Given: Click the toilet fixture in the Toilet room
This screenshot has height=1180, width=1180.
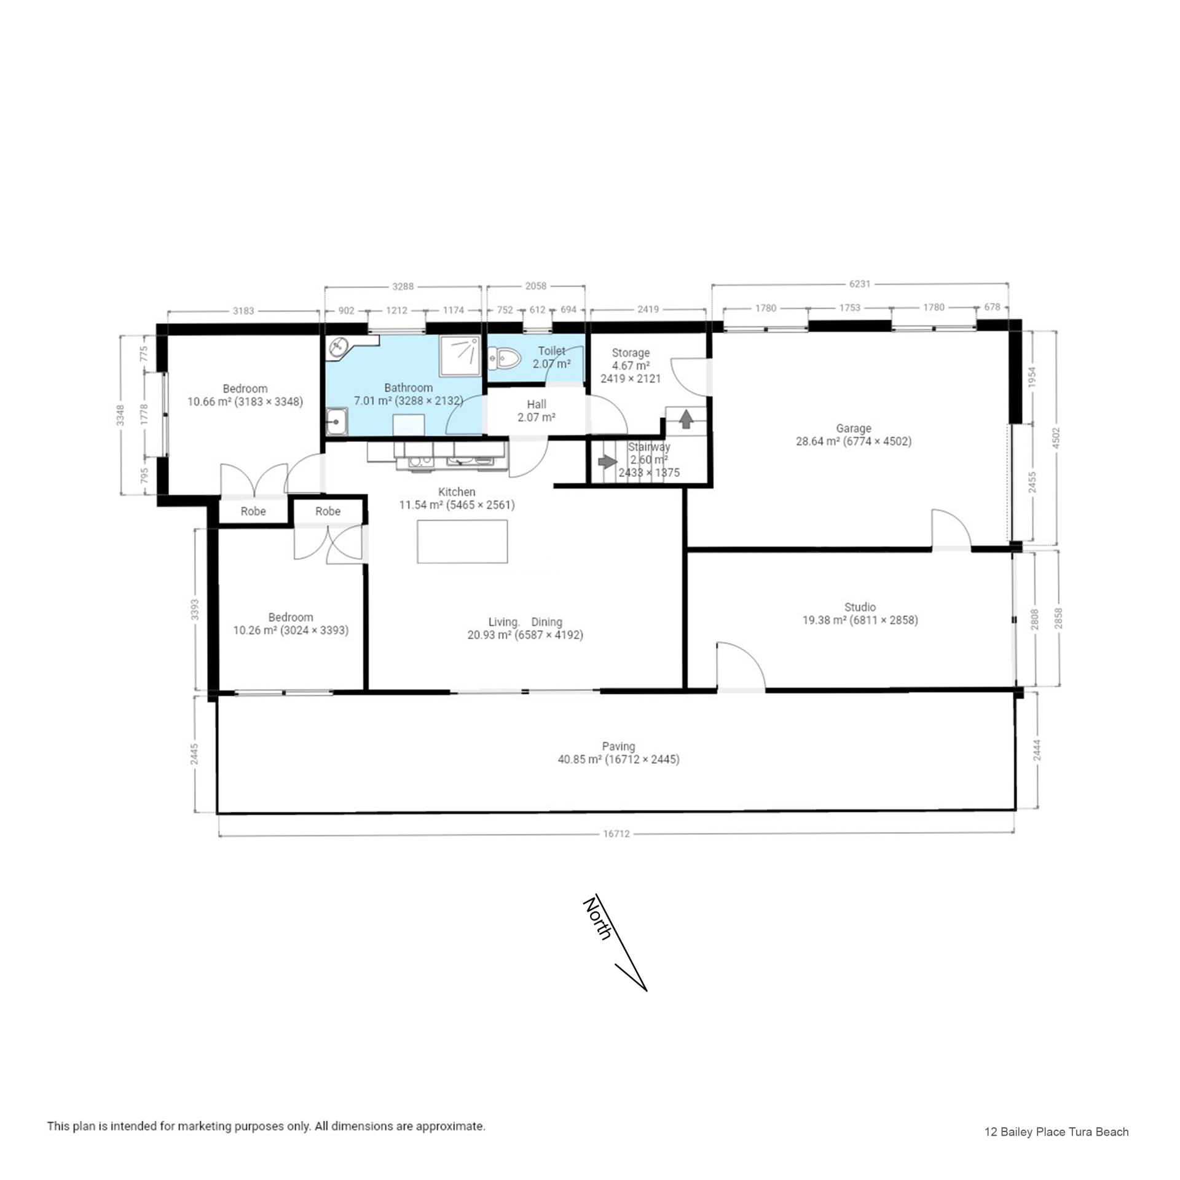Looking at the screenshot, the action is point(504,358).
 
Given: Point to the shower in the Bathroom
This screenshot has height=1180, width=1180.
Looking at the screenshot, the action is point(460,356).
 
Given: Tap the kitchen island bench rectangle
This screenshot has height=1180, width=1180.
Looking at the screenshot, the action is point(462,541).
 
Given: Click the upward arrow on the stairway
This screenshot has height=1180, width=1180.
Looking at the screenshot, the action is point(686,419).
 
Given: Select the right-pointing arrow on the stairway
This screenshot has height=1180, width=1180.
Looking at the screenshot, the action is point(607,461).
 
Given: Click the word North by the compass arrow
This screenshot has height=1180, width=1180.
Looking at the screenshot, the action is point(597,919).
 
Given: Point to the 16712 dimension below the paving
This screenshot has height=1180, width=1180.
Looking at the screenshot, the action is point(616,834).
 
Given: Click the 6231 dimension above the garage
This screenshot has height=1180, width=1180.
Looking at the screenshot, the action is point(860,284).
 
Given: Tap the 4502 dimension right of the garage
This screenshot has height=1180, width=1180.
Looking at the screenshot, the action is point(1056,438).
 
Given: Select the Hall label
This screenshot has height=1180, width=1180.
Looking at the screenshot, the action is point(537,404).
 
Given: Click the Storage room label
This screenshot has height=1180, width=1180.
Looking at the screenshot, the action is point(631,353).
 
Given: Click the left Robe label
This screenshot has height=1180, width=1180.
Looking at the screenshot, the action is point(253,511).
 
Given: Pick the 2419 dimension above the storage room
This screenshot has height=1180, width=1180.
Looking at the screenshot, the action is point(648,310).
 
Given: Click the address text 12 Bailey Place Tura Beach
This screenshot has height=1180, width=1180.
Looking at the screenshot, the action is point(1056,1132).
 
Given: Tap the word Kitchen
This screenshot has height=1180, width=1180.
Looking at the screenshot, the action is point(457,492).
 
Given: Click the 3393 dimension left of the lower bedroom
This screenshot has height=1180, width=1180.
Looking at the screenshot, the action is point(195,609).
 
